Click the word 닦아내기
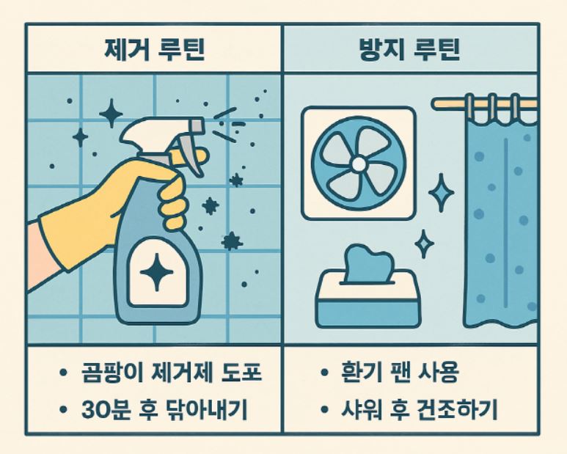click(207, 409)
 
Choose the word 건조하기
click(457, 409)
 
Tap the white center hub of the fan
click(359, 164)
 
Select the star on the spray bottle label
click(156, 272)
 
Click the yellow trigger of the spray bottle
click(191, 156)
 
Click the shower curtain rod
click(484, 104)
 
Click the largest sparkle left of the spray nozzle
click(111, 113)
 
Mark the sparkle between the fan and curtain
click(441, 193)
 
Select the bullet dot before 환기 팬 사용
click(324, 372)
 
